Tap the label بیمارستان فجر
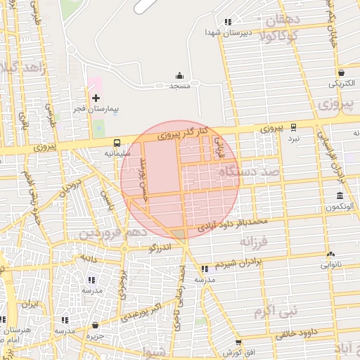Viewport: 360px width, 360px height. coord(96,110)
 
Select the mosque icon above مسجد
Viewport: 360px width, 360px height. coord(179,75)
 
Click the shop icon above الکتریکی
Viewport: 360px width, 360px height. coord(341,72)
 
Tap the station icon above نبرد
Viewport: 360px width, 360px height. coord(293,128)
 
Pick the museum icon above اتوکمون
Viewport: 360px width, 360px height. coord(340,195)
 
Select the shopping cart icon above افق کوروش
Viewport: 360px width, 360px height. coord(238,341)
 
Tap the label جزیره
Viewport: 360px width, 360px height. coord(95,335)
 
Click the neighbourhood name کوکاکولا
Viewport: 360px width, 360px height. coord(280,36)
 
